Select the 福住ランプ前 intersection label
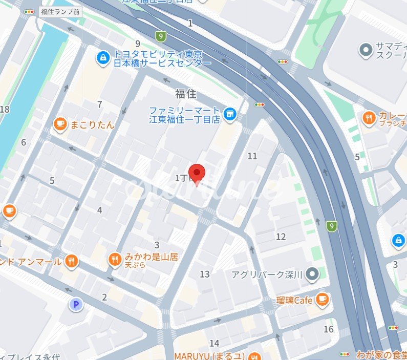61,11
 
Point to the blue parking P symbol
76,305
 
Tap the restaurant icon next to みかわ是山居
115,260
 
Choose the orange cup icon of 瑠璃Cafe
322,300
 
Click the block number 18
5,109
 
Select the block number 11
252,156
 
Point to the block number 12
281,237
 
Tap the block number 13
205,274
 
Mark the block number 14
215,343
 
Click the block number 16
328,329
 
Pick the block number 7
100,105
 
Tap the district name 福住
185,94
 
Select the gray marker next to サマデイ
366,50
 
